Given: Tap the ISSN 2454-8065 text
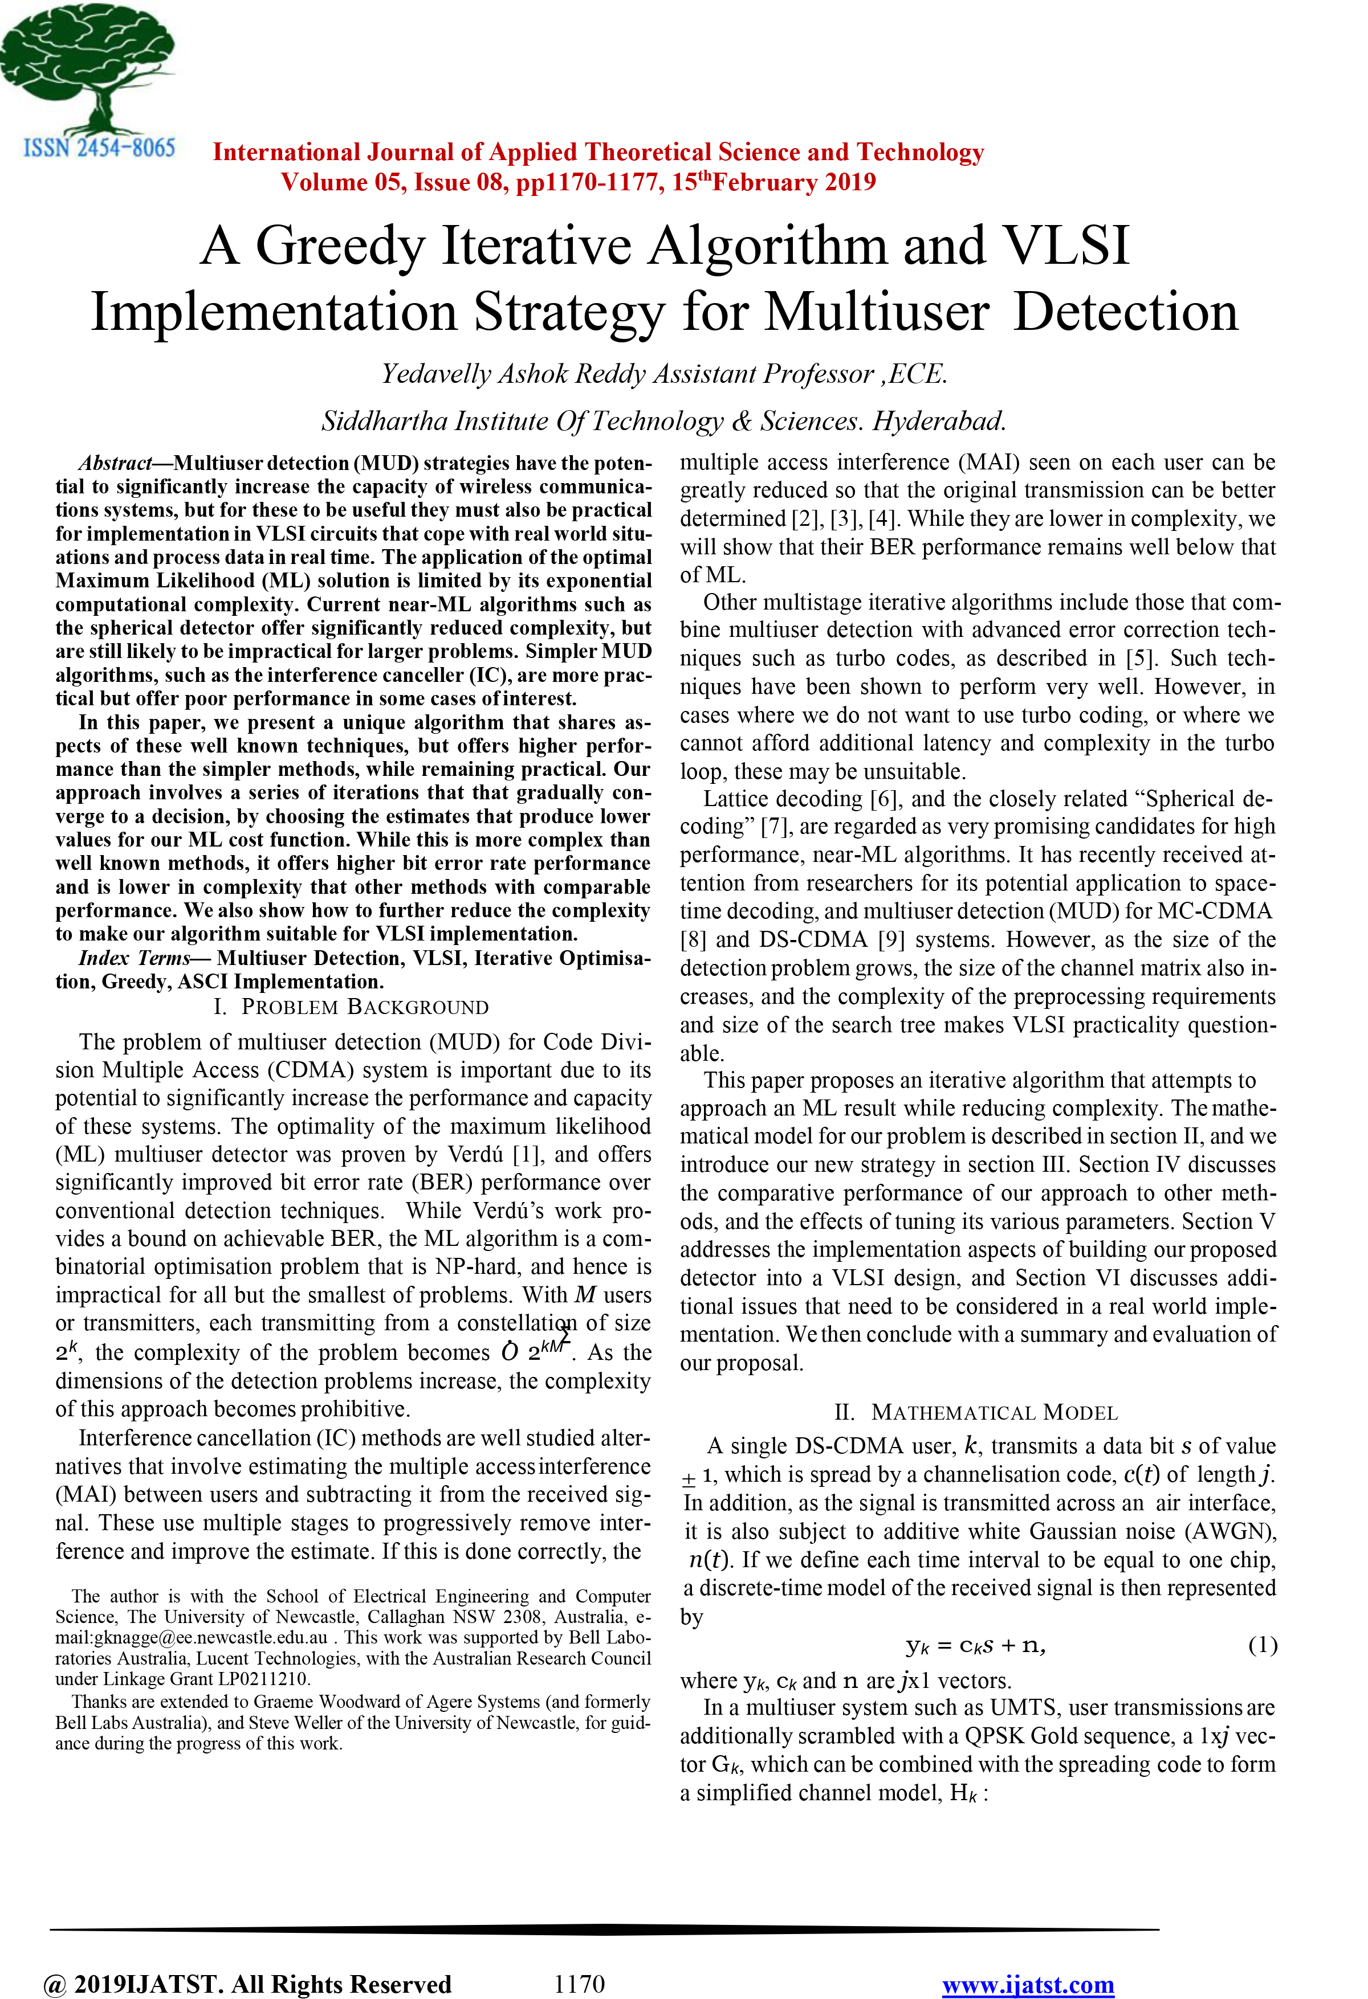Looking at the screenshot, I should point(99,148).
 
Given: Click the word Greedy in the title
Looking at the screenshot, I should point(340,246).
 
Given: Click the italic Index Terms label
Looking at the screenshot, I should point(134,958).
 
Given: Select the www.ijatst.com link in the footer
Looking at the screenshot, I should point(1028,1984).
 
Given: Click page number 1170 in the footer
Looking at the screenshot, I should point(579,1984).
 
